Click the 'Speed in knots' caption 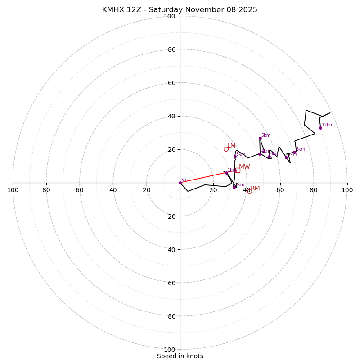click(x=180, y=356)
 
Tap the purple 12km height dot click(x=320, y=128)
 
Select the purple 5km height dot click(x=260, y=138)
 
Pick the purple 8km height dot click(x=295, y=152)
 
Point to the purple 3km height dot click(x=235, y=157)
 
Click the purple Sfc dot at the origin click(x=180, y=183)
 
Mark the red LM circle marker click(x=226, y=149)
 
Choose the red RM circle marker click(x=249, y=192)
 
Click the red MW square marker click(x=237, y=170)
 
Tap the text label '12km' click(x=328, y=125)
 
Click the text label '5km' click(x=266, y=135)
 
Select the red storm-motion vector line click(x=207, y=177)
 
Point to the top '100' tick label click(x=170, y=16)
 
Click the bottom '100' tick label click(x=170, y=350)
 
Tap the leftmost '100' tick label click(x=13, y=190)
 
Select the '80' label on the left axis click(x=46, y=190)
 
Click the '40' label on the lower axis click(x=171, y=249)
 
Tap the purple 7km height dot click(x=286, y=157)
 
